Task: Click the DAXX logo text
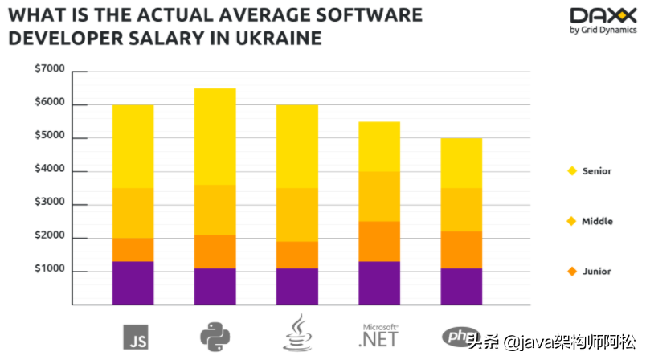click(x=603, y=15)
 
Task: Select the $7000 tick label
click(x=50, y=71)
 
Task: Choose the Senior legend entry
click(x=596, y=171)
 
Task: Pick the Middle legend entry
click(x=596, y=221)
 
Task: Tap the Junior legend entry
click(x=596, y=272)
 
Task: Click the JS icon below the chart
click(x=135, y=336)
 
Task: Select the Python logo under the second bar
click(x=215, y=335)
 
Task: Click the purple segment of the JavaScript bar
click(x=133, y=283)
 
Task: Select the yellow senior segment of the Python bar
click(x=215, y=137)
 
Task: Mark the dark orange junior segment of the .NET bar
click(x=378, y=241)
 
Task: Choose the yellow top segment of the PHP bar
click(x=461, y=163)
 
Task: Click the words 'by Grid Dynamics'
click(x=603, y=31)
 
